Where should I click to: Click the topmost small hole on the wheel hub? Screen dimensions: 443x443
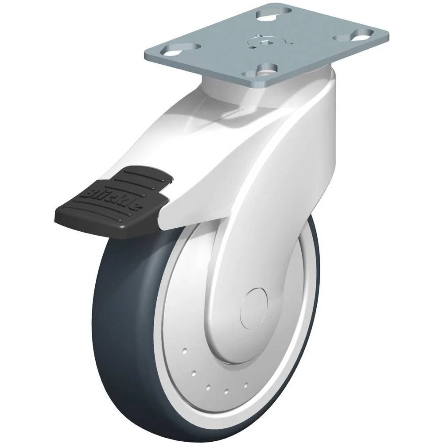click(x=184, y=351)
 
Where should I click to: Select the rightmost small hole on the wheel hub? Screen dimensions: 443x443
click(x=246, y=384)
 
